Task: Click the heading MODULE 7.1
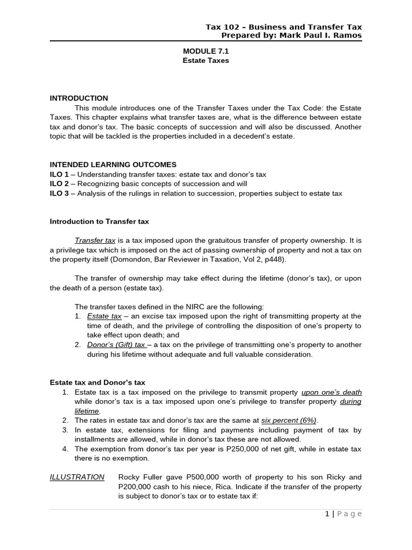click(x=206, y=51)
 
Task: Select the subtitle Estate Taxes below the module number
click(x=206, y=61)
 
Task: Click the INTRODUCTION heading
click(x=79, y=98)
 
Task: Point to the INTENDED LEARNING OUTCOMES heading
click(x=113, y=164)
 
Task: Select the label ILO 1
click(x=59, y=175)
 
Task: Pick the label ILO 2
click(x=59, y=184)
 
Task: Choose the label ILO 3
click(x=59, y=193)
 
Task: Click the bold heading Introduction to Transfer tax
click(x=99, y=221)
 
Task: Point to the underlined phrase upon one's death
click(x=332, y=392)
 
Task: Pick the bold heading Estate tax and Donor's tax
click(x=98, y=382)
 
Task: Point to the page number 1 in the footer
click(x=327, y=514)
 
